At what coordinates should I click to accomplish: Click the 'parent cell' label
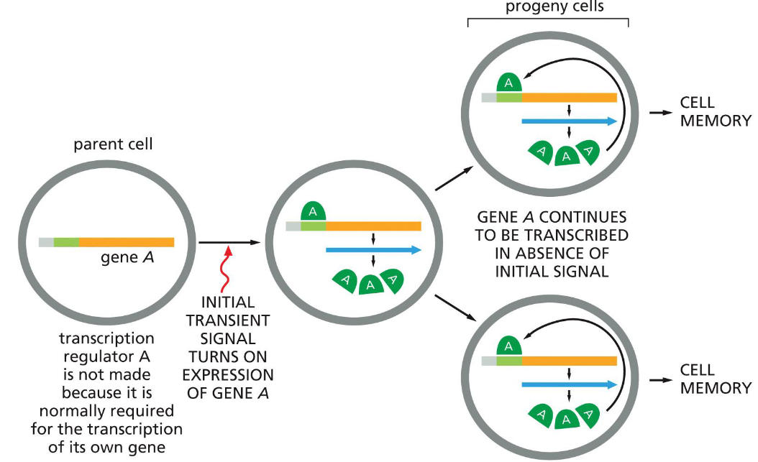click(x=114, y=144)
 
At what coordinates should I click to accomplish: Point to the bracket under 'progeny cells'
click(x=549, y=22)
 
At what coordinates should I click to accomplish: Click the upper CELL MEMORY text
click(x=716, y=111)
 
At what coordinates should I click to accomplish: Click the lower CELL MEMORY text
click(x=716, y=379)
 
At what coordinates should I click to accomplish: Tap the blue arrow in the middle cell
click(x=373, y=250)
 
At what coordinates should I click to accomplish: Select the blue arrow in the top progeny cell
click(x=569, y=121)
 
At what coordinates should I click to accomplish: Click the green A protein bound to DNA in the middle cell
click(x=314, y=212)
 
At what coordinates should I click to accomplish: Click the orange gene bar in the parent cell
click(x=126, y=242)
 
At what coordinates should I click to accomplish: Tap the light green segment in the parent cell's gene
click(x=65, y=242)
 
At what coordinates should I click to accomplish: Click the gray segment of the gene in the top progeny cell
click(x=489, y=98)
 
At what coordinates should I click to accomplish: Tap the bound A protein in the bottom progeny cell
click(x=509, y=347)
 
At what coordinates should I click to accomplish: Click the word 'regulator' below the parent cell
click(x=106, y=356)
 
